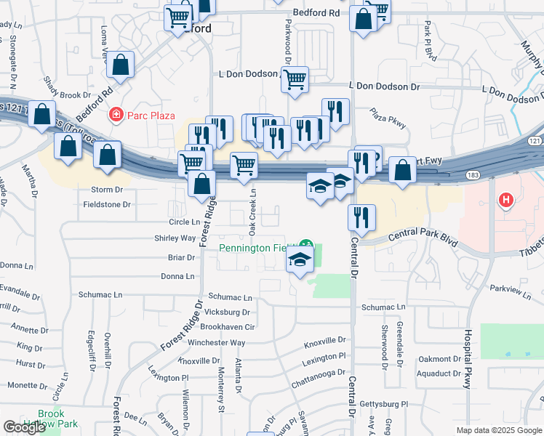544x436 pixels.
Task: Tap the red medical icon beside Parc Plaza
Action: (x=115, y=115)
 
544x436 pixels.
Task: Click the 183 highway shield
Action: (x=473, y=175)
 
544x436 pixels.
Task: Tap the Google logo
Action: (x=24, y=427)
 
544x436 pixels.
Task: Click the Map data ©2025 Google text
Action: (x=499, y=430)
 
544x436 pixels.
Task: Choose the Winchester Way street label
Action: (x=217, y=343)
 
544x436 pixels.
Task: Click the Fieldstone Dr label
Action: (x=106, y=205)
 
